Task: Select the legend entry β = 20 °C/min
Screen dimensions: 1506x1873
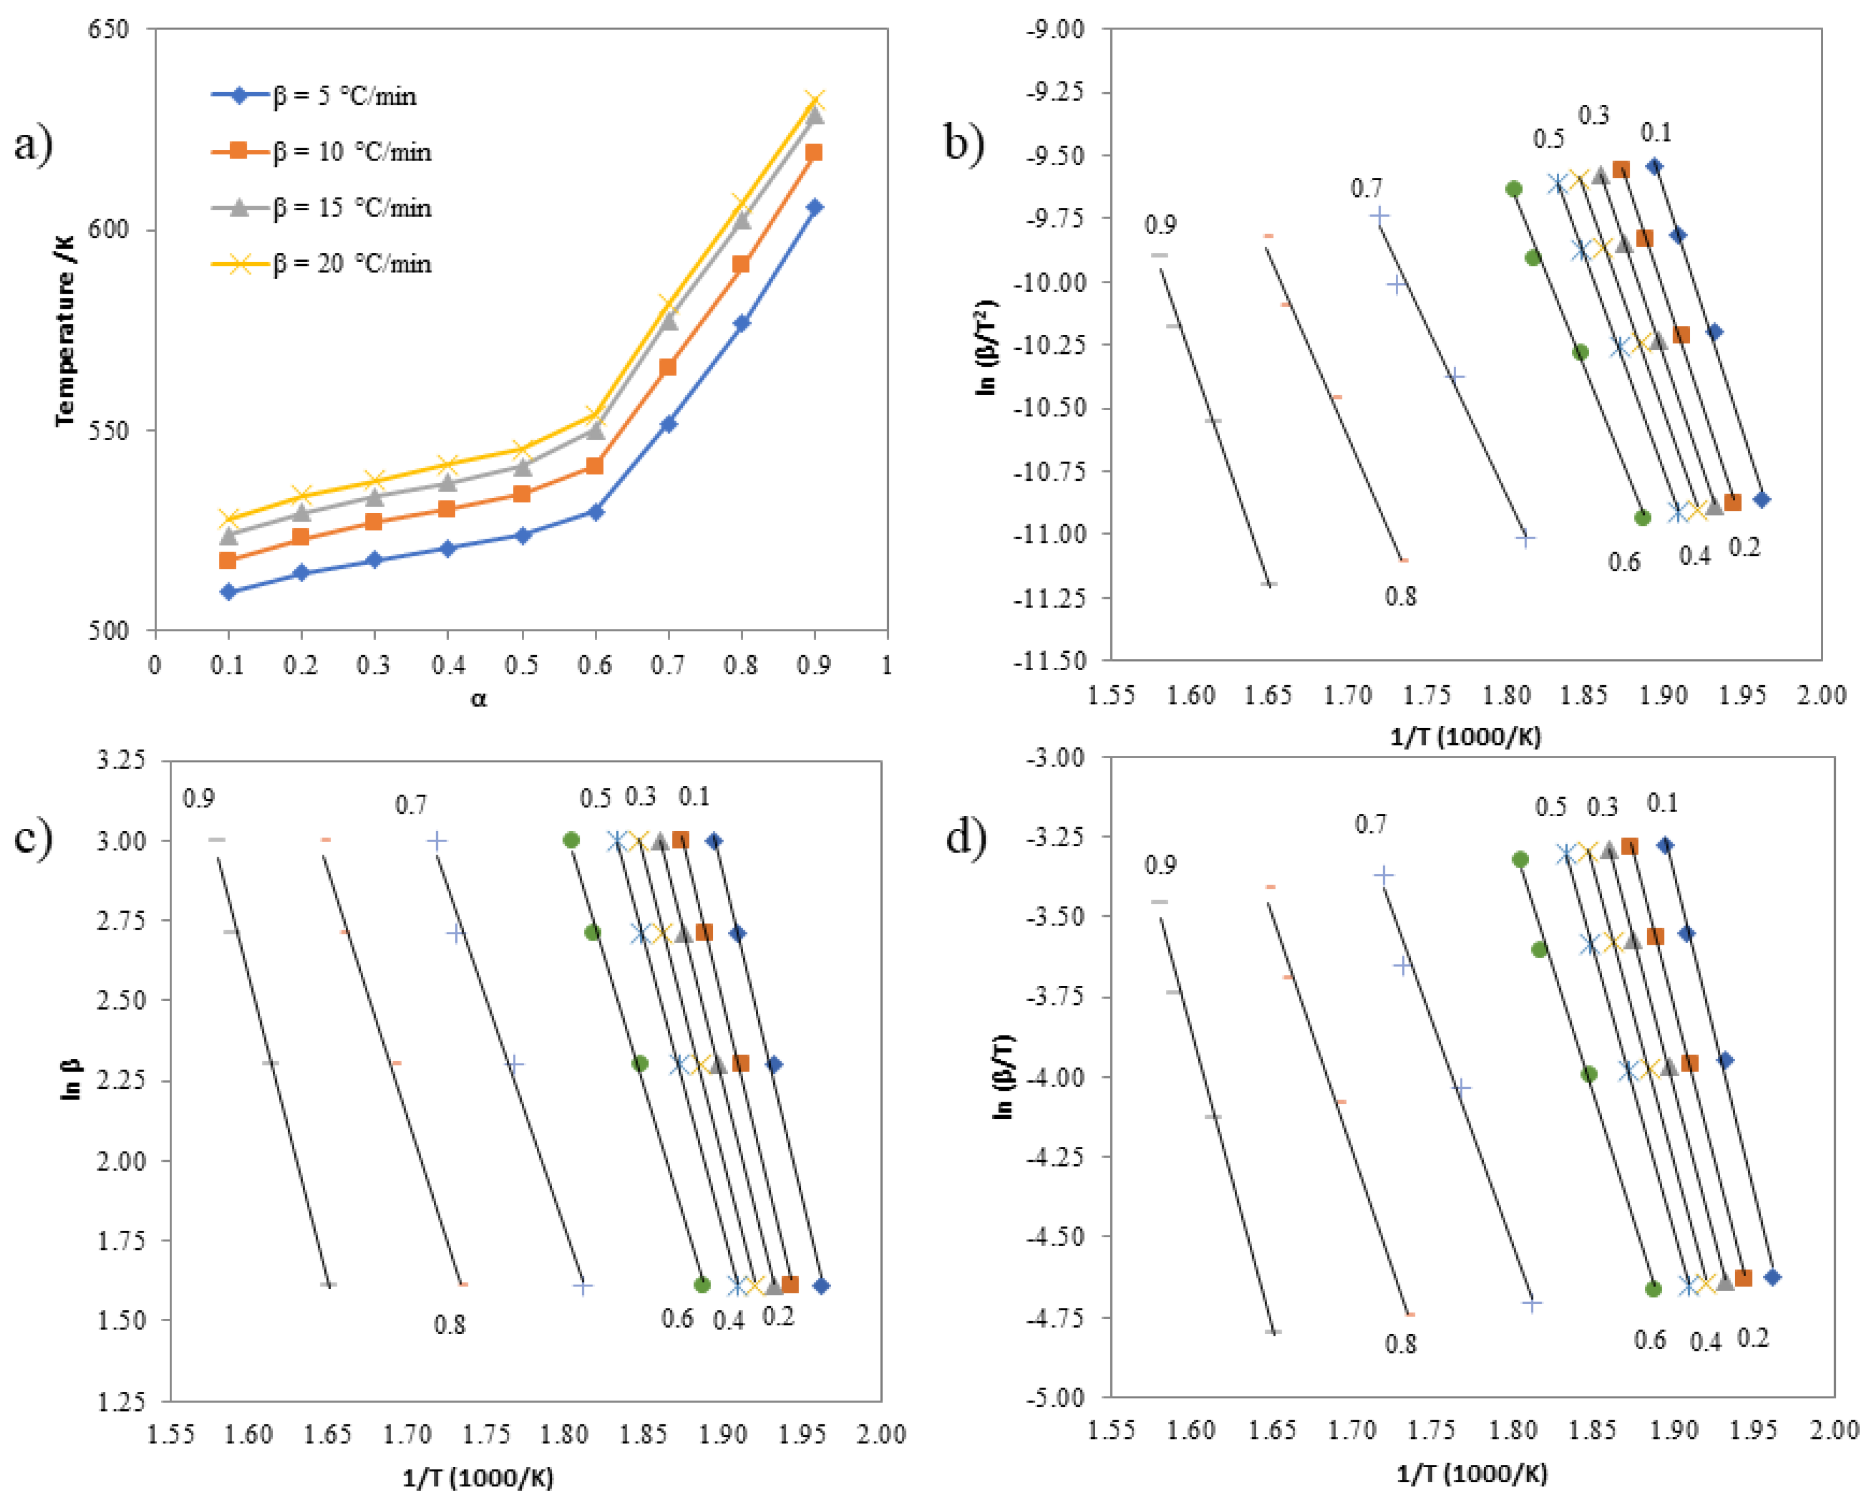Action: tap(352, 264)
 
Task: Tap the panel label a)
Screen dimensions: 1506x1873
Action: tap(33, 144)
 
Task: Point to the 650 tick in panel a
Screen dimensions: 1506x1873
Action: tap(109, 29)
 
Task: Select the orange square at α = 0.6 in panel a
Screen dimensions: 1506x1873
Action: tap(594, 466)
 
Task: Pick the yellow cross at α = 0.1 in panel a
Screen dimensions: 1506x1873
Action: tap(228, 519)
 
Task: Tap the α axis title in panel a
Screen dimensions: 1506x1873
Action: tap(478, 698)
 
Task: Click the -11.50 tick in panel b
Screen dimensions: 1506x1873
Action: tap(1049, 660)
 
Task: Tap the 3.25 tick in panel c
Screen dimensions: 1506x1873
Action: tap(120, 759)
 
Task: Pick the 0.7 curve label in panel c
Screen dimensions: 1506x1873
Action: tap(411, 805)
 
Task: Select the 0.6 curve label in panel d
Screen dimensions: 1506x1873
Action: tap(1649, 1340)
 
